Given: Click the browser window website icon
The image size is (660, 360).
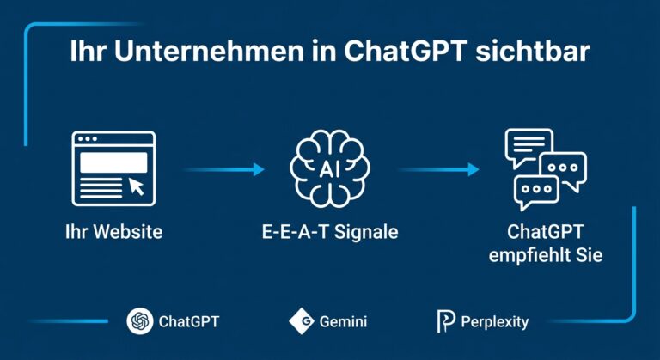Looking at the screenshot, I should click(x=113, y=168).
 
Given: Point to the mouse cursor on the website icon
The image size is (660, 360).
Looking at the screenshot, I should click(x=136, y=186).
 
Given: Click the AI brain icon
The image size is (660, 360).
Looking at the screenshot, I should click(x=330, y=168).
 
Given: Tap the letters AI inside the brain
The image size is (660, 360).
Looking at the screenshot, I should click(x=330, y=168).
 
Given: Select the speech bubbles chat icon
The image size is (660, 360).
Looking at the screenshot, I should click(x=544, y=169).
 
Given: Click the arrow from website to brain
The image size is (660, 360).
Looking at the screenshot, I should click(x=223, y=169).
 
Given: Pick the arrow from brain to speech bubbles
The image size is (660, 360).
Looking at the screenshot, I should click(x=438, y=169).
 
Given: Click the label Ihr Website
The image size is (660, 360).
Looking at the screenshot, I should click(x=113, y=232).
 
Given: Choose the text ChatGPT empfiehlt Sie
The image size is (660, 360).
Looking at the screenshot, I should click(x=543, y=244).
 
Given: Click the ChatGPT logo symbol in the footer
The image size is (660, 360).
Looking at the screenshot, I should click(x=139, y=322).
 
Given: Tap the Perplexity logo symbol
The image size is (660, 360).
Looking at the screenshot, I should click(x=445, y=322).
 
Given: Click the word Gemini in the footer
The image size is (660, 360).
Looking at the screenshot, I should click(x=343, y=322).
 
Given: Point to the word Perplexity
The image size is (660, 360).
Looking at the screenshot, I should click(x=494, y=323).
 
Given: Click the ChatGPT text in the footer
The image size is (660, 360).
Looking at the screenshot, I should click(x=189, y=322).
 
